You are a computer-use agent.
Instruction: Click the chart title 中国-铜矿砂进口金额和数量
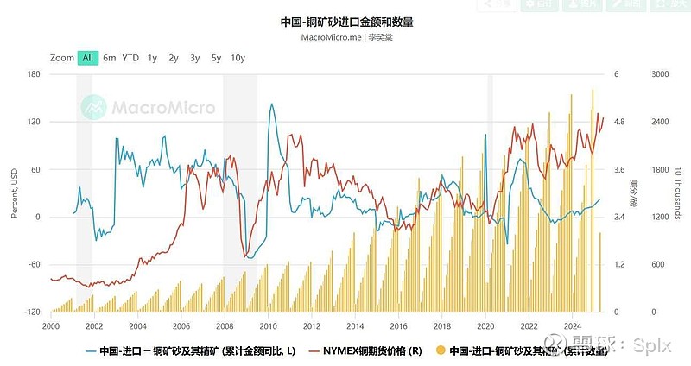click(x=345, y=22)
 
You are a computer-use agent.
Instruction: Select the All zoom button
click(x=87, y=58)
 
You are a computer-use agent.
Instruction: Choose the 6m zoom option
click(x=110, y=58)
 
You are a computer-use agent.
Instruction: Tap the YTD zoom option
click(x=130, y=58)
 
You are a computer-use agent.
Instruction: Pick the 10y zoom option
click(x=238, y=58)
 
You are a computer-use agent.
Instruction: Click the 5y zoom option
click(x=216, y=58)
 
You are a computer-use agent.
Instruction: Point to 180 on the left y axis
click(x=34, y=74)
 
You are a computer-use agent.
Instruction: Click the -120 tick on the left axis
click(x=32, y=312)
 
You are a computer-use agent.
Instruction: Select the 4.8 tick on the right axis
click(x=619, y=122)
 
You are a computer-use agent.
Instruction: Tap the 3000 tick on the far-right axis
click(x=659, y=74)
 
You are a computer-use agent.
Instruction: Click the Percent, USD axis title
click(x=15, y=192)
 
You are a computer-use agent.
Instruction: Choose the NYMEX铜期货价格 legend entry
click(x=371, y=350)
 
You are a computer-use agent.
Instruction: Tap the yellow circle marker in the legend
click(x=441, y=350)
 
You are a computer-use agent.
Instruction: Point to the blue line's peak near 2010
click(x=271, y=104)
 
